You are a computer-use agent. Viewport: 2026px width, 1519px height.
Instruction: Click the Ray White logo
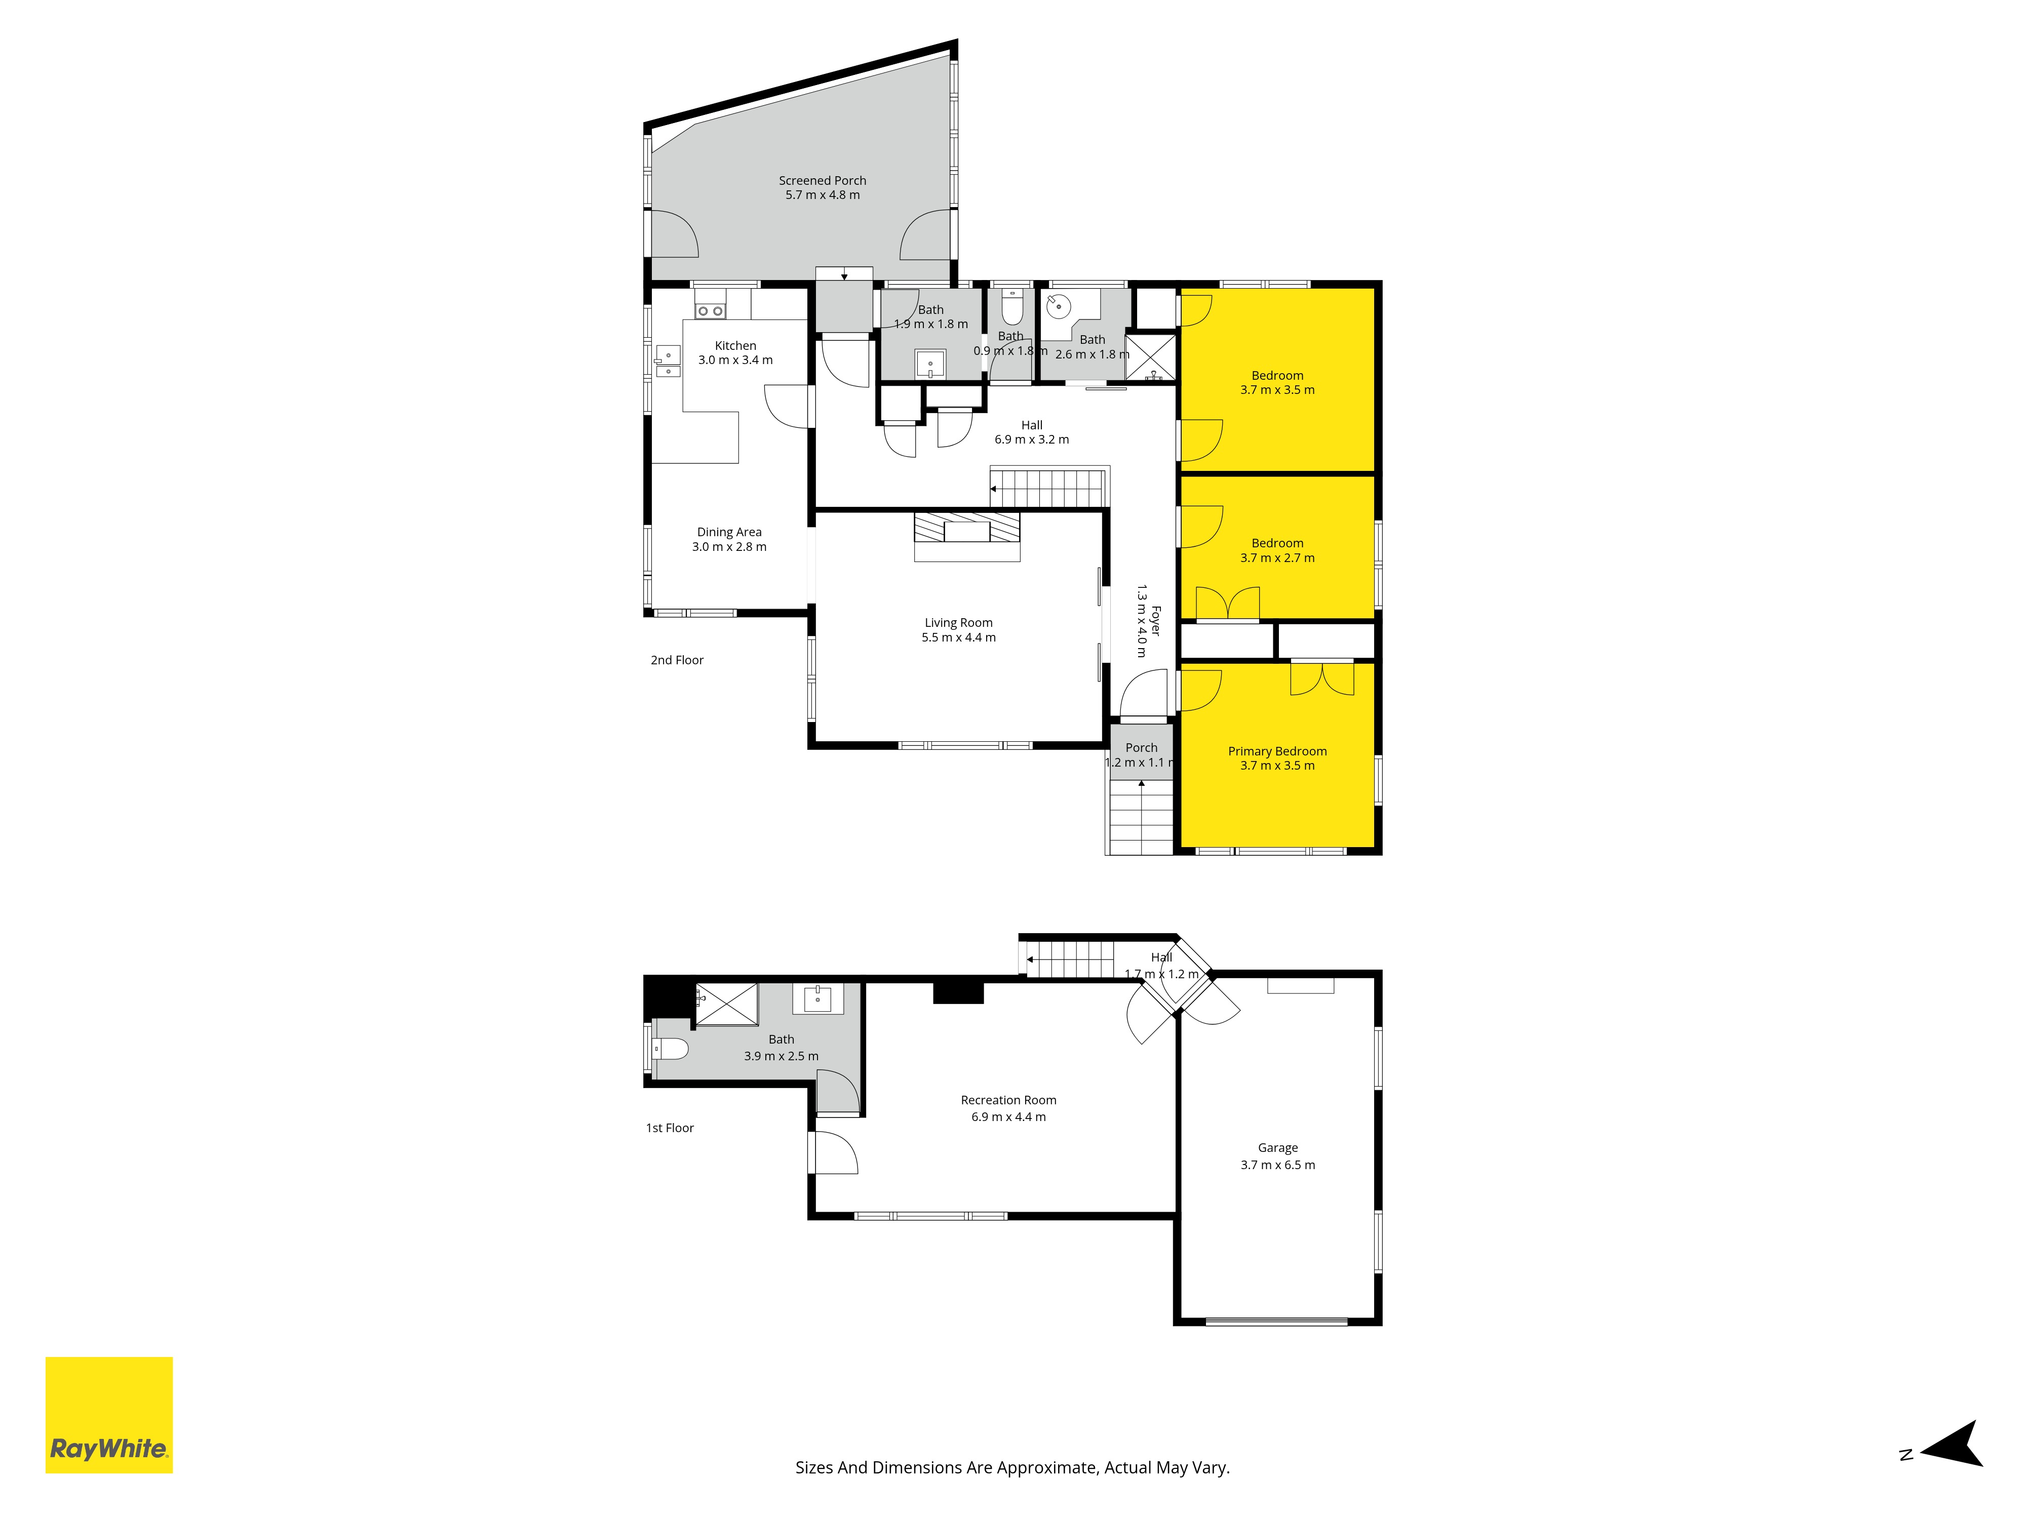pos(109,1415)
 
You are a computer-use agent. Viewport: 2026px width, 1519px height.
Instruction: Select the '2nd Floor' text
pos(677,659)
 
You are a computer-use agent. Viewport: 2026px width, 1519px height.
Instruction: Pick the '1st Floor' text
pos(670,1127)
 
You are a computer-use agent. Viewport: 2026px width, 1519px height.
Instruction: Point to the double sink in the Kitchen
pos(668,361)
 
